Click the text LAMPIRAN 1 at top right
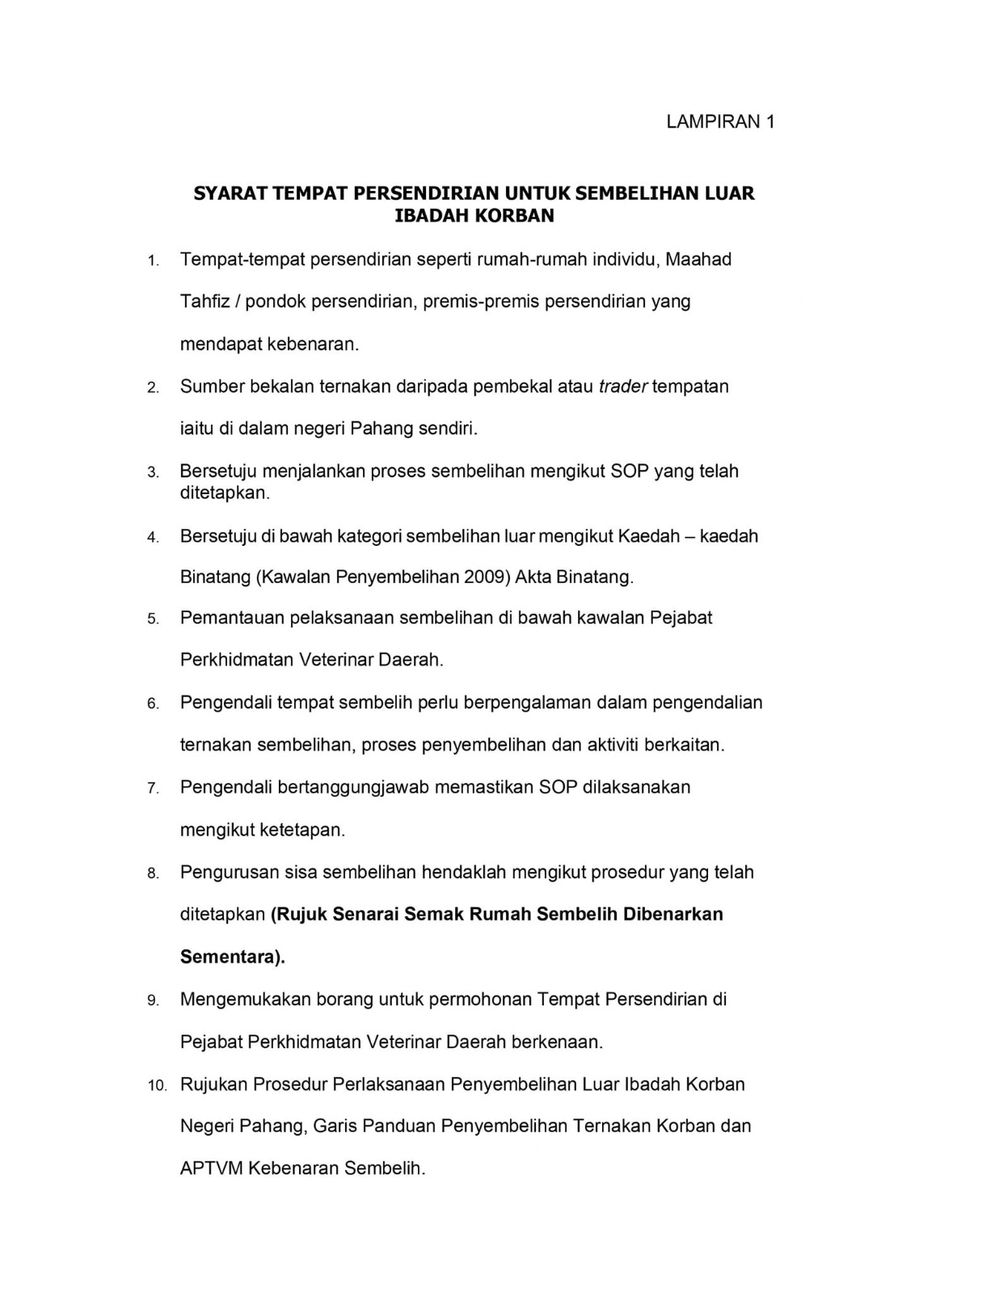point(720,122)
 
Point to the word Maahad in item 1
point(698,260)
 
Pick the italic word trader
point(622,387)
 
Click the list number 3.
point(153,472)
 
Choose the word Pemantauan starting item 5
point(232,618)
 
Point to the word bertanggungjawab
point(353,788)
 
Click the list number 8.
point(153,873)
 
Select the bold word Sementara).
point(233,957)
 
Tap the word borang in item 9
point(344,1000)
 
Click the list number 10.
point(157,1085)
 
